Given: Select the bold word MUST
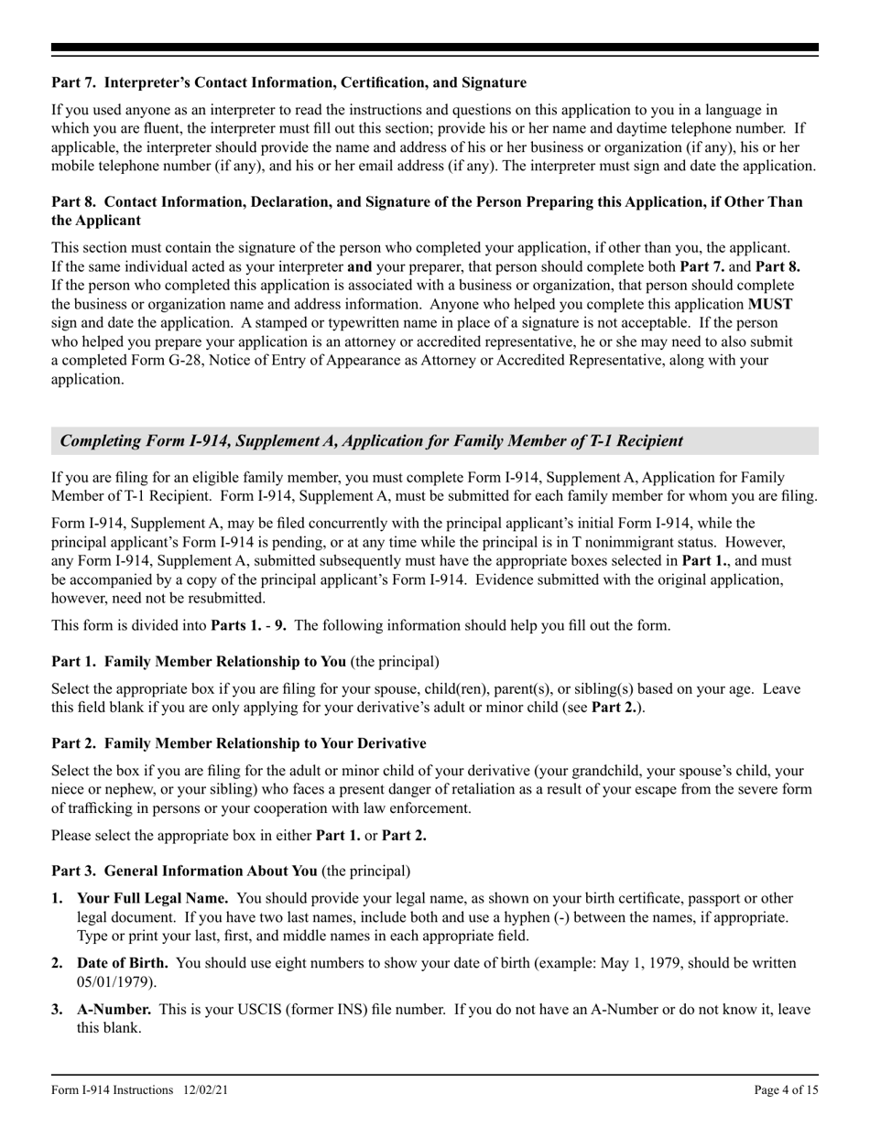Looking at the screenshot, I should (770, 303).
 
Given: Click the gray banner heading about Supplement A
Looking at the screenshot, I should (371, 440).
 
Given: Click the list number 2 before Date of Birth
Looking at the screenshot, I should (57, 963).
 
